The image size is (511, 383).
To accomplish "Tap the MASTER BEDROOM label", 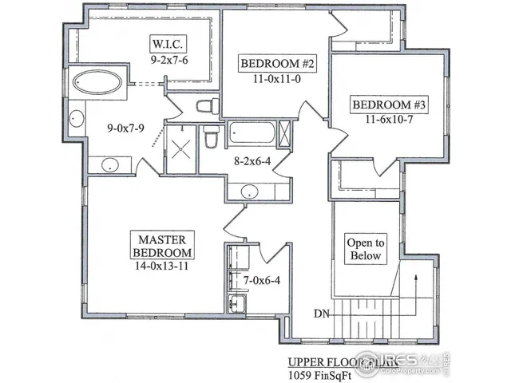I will point(162,246).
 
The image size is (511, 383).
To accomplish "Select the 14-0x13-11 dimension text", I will point(162,267).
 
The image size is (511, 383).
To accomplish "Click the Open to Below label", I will point(365,249).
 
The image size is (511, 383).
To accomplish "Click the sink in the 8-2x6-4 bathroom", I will point(250,191).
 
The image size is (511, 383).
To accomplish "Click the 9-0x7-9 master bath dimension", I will point(109,127).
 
